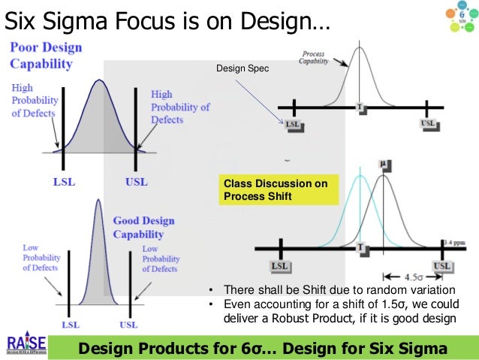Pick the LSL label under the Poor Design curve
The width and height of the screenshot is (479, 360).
[62, 182]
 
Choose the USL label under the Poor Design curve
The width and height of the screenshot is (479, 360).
[136, 182]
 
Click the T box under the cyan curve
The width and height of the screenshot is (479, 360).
[361, 247]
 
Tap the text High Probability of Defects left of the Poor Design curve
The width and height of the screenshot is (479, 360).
[32, 100]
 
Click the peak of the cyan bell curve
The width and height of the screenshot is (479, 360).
[361, 176]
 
